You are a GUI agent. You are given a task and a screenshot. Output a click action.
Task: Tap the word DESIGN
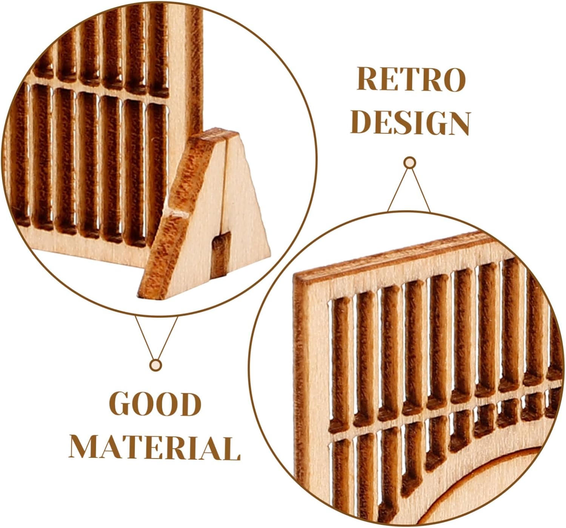click(411, 123)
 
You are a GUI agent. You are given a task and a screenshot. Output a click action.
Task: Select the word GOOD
click(155, 404)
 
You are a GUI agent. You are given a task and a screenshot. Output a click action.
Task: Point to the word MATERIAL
click(155, 448)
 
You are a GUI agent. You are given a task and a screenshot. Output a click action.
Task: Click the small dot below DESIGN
click(409, 163)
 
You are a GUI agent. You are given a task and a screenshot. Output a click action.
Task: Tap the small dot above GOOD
click(155, 365)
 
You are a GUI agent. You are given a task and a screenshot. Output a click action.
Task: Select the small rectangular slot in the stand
click(221, 255)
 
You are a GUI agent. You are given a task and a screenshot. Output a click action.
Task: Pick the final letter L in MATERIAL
click(231, 448)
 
